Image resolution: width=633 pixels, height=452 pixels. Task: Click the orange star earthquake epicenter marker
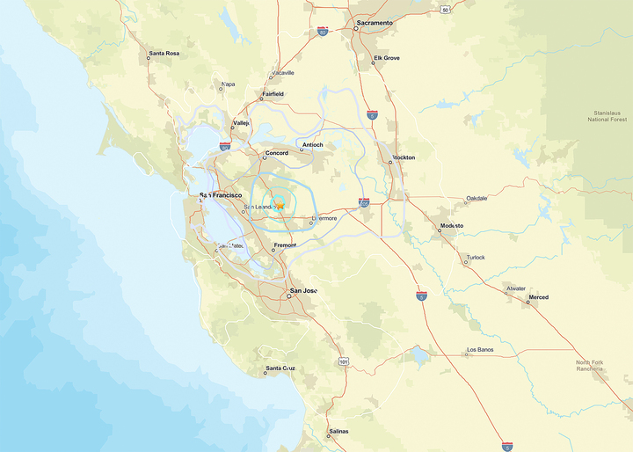pyautogui.click(x=280, y=205)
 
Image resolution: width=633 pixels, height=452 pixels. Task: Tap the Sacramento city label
pyautogui.click(x=375, y=22)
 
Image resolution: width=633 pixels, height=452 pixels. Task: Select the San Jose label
pyautogui.click(x=304, y=290)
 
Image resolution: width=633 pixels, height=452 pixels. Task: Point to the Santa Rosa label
pyautogui.click(x=164, y=54)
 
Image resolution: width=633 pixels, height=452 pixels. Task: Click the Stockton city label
pyautogui.click(x=404, y=157)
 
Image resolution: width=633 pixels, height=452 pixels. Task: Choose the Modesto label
pyautogui.click(x=452, y=226)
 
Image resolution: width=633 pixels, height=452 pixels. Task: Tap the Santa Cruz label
pyautogui.click(x=280, y=368)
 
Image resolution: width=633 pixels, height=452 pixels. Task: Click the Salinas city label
pyautogui.click(x=338, y=431)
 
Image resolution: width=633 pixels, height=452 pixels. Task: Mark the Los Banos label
pyautogui.click(x=480, y=350)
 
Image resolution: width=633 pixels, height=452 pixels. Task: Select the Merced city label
pyautogui.click(x=538, y=297)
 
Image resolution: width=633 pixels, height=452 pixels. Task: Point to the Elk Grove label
pyautogui.click(x=387, y=58)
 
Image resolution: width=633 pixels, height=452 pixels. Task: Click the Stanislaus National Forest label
pyautogui.click(x=607, y=115)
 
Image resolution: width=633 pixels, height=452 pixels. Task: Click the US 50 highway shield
pyautogui.click(x=446, y=10)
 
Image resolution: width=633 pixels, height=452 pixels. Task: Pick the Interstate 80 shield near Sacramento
pyautogui.click(x=323, y=31)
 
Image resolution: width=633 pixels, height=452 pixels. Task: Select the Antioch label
pyautogui.click(x=313, y=144)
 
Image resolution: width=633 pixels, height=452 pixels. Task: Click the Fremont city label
pyautogui.click(x=285, y=245)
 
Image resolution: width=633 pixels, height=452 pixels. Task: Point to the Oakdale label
pyautogui.click(x=477, y=198)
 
